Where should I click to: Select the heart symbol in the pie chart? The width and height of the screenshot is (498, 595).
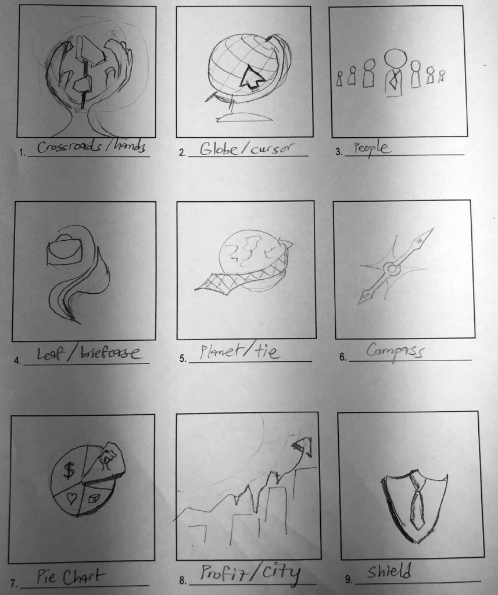click(73, 497)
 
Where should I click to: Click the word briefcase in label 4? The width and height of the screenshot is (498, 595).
click(113, 354)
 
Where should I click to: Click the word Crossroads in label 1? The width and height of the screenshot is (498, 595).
click(65, 148)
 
